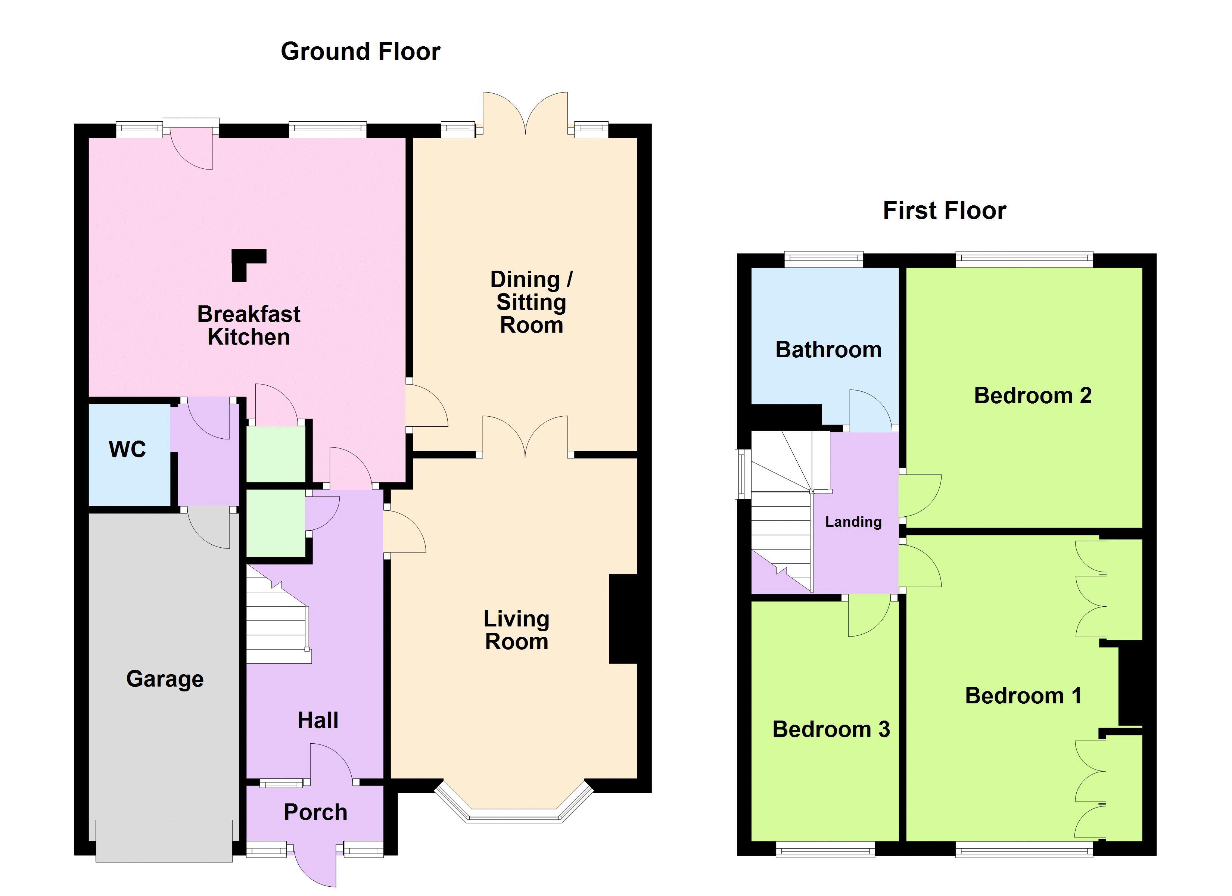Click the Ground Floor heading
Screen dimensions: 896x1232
click(360, 52)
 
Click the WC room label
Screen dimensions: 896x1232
click(127, 450)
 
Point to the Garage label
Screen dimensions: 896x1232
click(165, 679)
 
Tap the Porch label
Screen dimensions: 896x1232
click(315, 812)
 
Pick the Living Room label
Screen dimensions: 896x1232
click(516, 630)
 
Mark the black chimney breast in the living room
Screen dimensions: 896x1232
click(623, 619)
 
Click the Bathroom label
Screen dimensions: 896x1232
click(828, 350)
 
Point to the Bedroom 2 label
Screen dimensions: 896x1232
click(1032, 396)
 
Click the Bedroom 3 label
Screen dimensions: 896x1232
click(831, 730)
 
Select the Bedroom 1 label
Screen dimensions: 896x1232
click(1023, 696)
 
